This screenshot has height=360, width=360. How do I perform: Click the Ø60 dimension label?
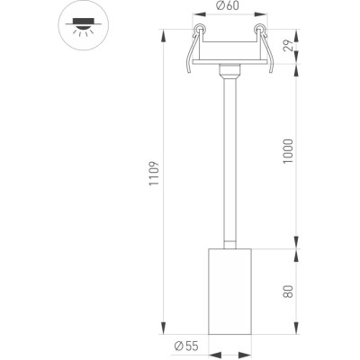point(228,5)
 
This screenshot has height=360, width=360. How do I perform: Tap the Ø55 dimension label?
point(186,346)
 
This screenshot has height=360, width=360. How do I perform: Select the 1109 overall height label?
point(154,174)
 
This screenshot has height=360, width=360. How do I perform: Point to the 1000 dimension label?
point(288,151)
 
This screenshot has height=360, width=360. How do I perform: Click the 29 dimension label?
point(288,46)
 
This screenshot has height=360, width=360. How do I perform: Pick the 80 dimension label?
point(288,292)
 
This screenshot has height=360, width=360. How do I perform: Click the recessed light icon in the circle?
point(84,26)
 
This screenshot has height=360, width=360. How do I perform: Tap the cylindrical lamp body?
point(230,292)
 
